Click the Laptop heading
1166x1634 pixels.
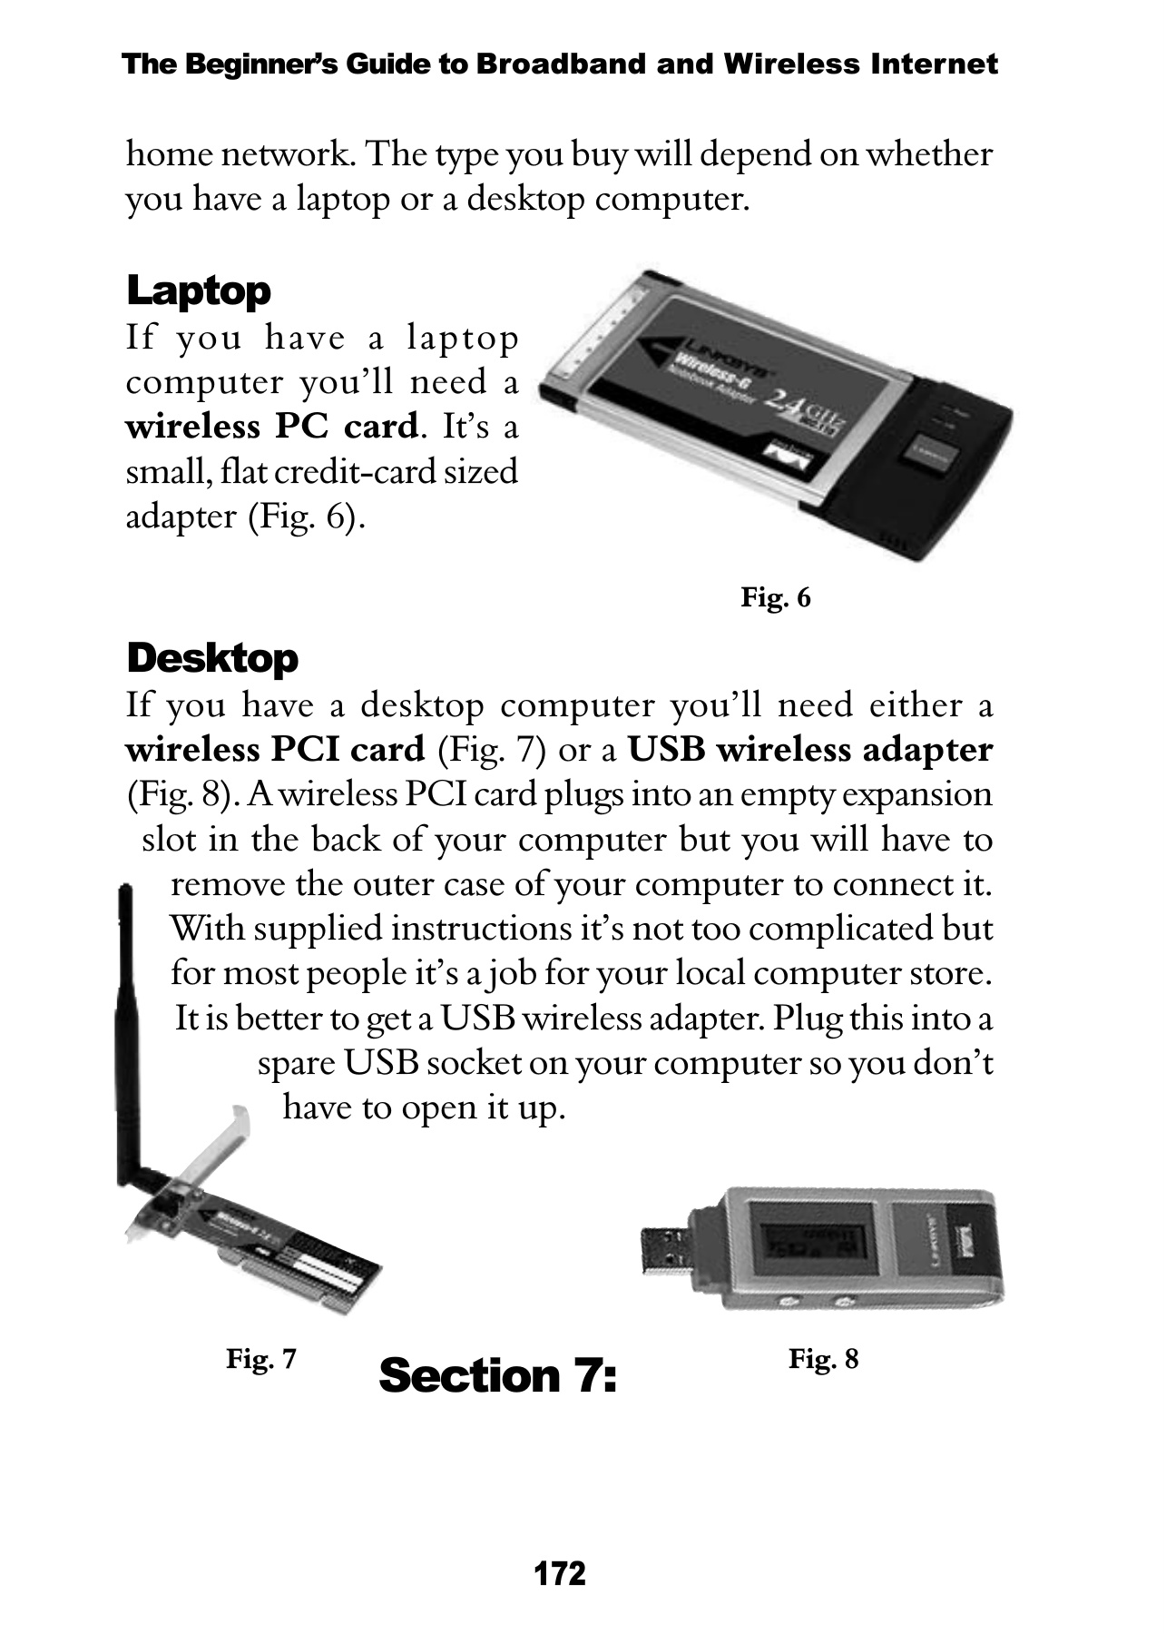tap(199, 291)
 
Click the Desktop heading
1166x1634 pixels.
tap(212, 658)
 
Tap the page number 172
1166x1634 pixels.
tap(560, 1573)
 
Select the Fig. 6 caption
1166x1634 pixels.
tap(775, 597)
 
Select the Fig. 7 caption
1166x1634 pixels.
tap(261, 1359)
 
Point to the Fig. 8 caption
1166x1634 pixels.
tap(823, 1359)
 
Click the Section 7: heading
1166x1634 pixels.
tap(498, 1375)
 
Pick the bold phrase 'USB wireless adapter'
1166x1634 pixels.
tap(810, 751)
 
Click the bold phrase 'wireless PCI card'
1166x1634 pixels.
tap(275, 751)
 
